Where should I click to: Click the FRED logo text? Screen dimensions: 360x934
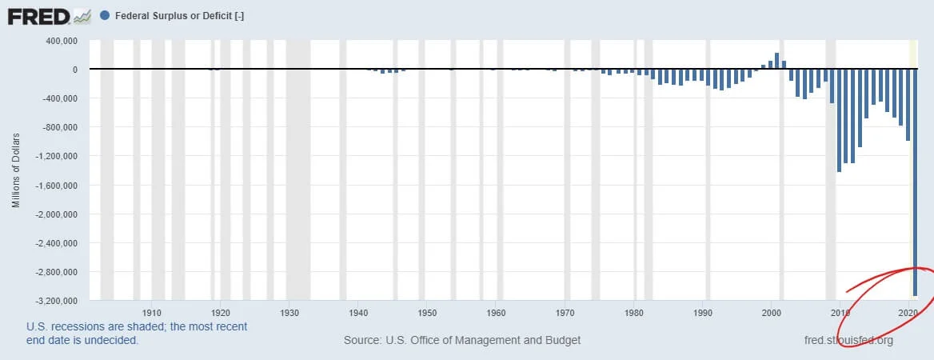click(37, 16)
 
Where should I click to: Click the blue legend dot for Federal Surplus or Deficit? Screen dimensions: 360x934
click(106, 16)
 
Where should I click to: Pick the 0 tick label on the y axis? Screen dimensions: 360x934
click(74, 70)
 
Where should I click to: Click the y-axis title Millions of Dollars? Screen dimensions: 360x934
click(16, 170)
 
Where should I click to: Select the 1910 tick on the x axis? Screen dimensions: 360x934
click(152, 312)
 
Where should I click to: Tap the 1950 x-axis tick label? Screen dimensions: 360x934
click(427, 312)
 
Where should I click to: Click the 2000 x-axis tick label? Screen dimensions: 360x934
click(772, 312)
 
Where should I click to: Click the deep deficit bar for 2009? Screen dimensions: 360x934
click(839, 121)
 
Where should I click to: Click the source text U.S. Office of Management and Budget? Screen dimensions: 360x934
click(462, 341)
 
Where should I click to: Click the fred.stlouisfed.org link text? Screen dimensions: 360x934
click(848, 341)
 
